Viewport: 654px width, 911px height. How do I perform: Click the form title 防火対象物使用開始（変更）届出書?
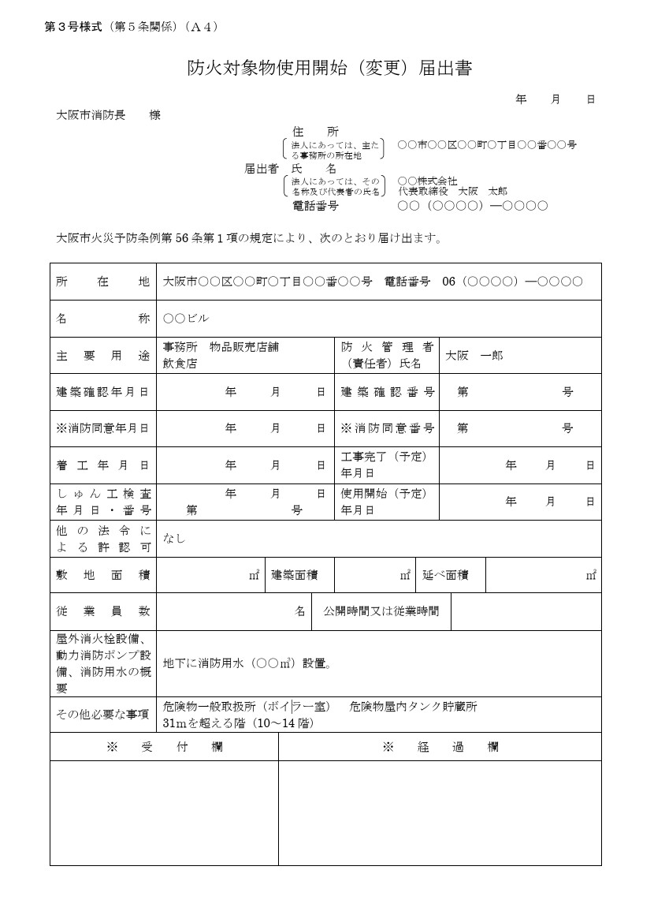tap(329, 69)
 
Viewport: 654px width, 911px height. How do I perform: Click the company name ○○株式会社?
tap(427, 181)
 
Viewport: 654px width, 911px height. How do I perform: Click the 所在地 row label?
tap(102, 282)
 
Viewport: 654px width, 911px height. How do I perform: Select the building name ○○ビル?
tap(186, 319)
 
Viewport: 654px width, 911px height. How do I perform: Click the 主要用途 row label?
tap(102, 356)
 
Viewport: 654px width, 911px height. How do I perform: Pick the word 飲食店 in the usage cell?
tap(180, 364)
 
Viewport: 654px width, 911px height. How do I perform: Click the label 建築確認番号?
tap(388, 392)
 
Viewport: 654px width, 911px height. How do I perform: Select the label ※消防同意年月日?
tap(102, 428)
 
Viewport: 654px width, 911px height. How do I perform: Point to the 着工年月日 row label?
tap(102, 465)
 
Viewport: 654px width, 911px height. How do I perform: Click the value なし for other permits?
tap(174, 539)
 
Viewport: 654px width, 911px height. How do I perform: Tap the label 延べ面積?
tap(445, 575)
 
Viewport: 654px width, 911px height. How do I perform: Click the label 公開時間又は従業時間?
tap(381, 611)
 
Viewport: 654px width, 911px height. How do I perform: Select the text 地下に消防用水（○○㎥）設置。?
tap(247, 663)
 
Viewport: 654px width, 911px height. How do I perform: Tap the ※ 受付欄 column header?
tap(164, 747)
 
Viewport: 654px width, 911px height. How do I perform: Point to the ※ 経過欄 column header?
tap(440, 747)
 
